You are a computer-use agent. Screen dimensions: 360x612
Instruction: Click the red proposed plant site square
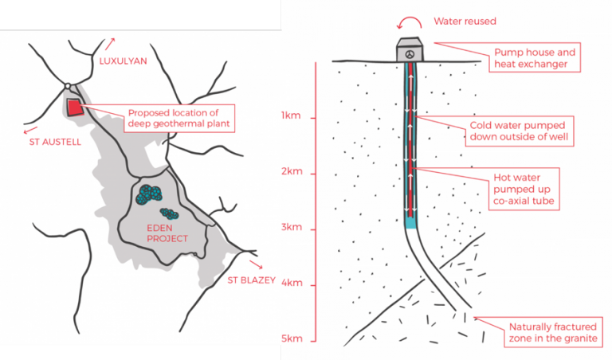(76, 107)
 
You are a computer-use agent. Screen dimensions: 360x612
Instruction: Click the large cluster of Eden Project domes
(147, 195)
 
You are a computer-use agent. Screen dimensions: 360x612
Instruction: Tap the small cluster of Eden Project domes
(168, 213)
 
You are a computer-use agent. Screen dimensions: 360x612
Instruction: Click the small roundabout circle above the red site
(69, 87)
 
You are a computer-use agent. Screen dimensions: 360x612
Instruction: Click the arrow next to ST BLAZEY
(256, 264)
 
